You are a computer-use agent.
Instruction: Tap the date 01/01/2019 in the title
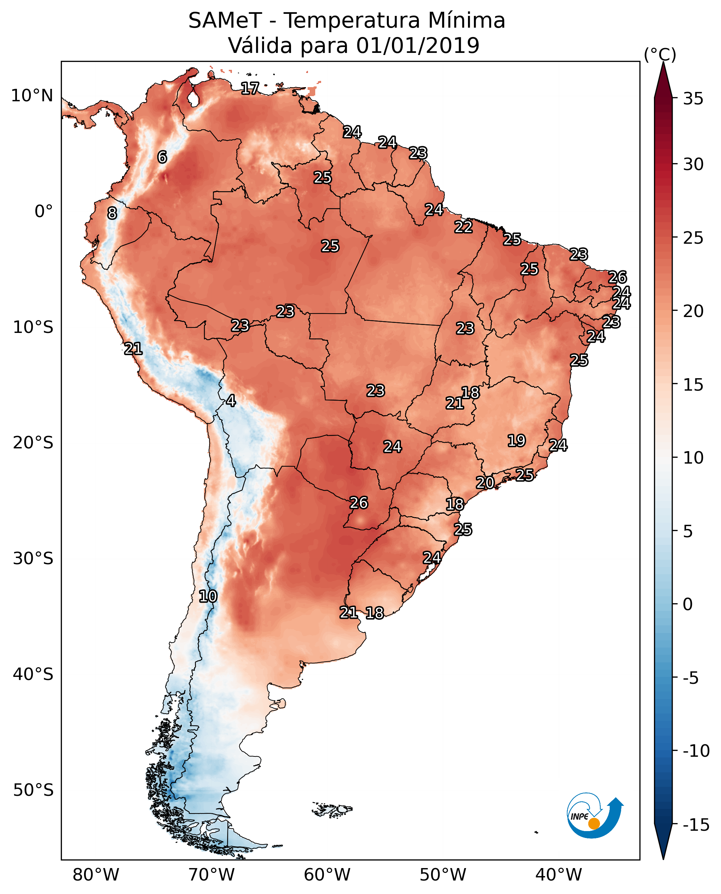pos(418,46)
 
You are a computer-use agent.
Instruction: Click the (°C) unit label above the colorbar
pos(660,54)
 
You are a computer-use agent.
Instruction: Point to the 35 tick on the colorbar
pos(693,99)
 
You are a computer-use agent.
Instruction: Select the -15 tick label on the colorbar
pos(696,825)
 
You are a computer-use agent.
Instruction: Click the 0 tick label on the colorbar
pos(688,604)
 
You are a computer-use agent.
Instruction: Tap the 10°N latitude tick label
pos(32,96)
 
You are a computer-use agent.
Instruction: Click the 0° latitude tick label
pos(44,212)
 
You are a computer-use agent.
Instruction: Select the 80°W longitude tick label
pos(96,875)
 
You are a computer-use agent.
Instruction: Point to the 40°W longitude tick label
pos(559,875)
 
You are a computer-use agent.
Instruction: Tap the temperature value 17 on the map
pos(250,88)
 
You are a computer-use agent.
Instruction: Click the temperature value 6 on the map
pos(162,157)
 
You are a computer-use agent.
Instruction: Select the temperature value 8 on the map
pos(112,213)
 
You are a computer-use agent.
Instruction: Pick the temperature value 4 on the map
pos(231,400)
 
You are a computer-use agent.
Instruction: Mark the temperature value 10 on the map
pos(208,597)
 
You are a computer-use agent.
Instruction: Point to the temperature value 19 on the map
pos(517,440)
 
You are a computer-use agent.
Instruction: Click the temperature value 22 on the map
pos(463,227)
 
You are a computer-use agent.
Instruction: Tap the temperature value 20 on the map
pos(485,483)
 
